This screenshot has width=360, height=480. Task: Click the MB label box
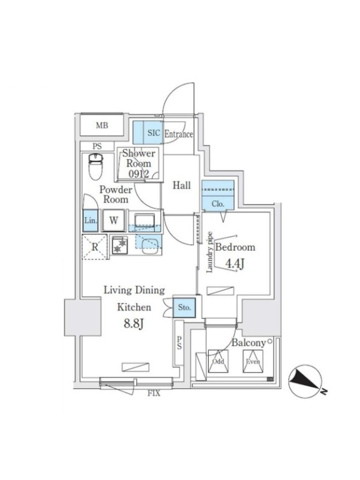tap(101, 126)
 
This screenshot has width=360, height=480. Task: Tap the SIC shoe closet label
tap(153, 133)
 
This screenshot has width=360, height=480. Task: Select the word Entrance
tap(178, 134)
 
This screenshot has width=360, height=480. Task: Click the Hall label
tap(182, 185)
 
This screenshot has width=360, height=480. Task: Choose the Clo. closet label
tap(218, 204)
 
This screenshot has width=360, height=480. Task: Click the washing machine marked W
tap(113, 220)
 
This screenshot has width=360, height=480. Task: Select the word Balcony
tap(248, 343)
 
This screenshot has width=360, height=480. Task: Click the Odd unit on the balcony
tap(217, 362)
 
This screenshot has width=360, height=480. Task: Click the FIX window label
tap(153, 394)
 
